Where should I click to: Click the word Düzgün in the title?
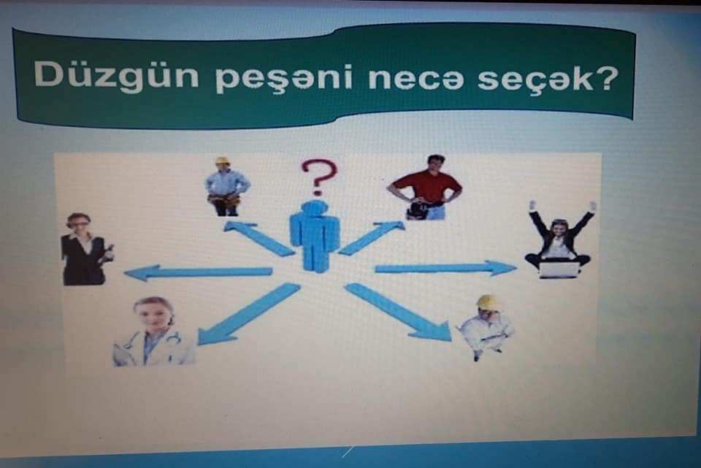116,75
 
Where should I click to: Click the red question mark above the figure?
318,177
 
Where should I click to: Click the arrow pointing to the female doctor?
248,314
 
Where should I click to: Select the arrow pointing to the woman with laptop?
445,268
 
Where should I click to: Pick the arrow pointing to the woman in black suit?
198,272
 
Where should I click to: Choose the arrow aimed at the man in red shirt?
371,238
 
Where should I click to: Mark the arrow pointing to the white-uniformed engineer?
398,312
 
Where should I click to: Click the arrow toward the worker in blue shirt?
258,239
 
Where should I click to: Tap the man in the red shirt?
425,188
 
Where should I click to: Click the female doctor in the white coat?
153,332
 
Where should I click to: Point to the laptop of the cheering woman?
559,270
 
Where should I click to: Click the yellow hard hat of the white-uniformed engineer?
489,302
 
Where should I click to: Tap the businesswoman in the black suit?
85,250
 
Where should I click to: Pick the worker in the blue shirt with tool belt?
227,186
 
